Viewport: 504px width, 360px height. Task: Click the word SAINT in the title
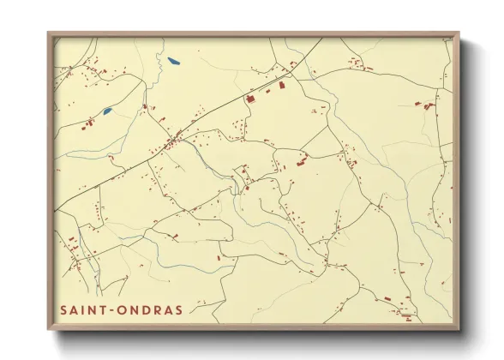pos(84,309)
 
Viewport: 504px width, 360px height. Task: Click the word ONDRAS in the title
pos(150,309)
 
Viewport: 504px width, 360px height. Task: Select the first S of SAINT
pos(63,309)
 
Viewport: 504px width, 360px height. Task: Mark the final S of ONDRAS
pos(177,309)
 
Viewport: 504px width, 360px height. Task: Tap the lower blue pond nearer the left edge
pos(107,111)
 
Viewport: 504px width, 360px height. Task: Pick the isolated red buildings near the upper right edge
pos(426,105)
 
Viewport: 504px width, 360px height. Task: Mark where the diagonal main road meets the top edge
pos(322,39)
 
